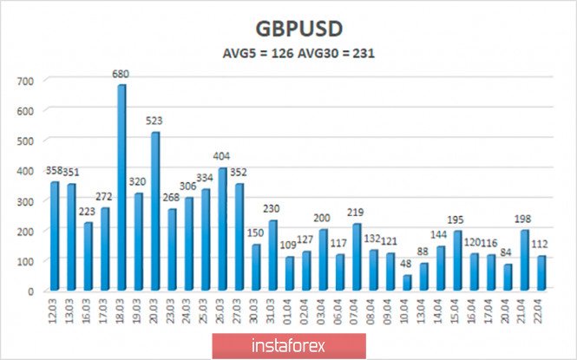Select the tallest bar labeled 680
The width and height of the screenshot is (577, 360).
121,187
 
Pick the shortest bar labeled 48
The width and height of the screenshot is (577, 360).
406,283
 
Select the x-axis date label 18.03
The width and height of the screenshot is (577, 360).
121,309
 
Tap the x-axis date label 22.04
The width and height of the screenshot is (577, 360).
541,309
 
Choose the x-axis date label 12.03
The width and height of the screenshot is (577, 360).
54,309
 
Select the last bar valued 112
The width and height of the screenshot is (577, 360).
541,273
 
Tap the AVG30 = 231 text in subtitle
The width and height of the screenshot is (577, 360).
338,53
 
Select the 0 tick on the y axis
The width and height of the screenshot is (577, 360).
30,291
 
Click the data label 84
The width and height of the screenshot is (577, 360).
507,253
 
